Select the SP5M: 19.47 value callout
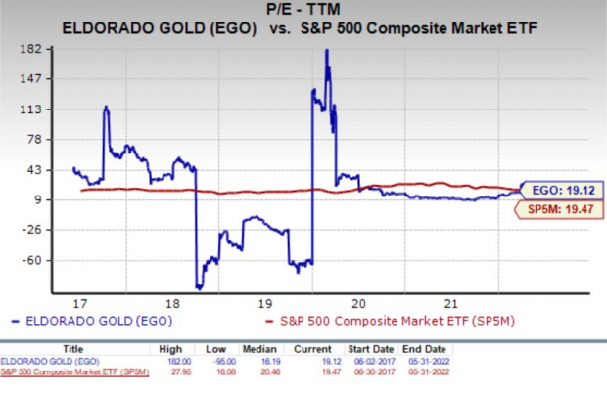click(x=553, y=208)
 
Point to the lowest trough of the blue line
click(x=199, y=288)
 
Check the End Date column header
click(x=417, y=347)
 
